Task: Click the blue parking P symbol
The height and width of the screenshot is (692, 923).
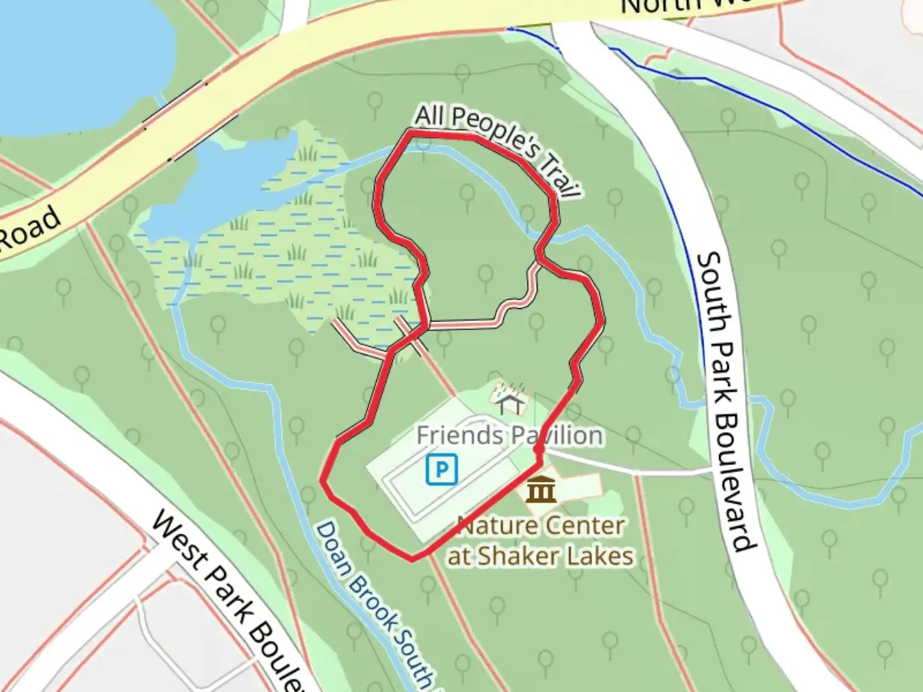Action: [442, 469]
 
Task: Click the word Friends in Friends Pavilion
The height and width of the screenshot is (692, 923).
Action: [460, 436]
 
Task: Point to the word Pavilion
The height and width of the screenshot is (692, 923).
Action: [555, 436]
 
